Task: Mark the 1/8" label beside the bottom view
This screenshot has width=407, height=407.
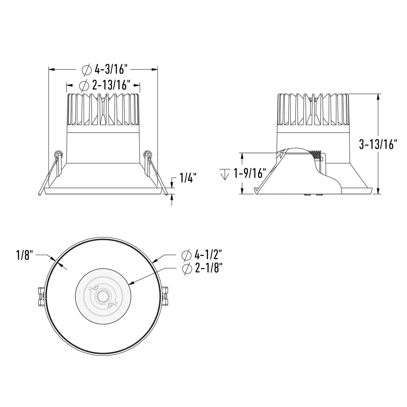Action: click(25, 256)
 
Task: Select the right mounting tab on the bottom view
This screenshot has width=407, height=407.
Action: click(165, 296)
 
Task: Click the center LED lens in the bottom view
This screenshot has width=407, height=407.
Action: click(101, 296)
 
